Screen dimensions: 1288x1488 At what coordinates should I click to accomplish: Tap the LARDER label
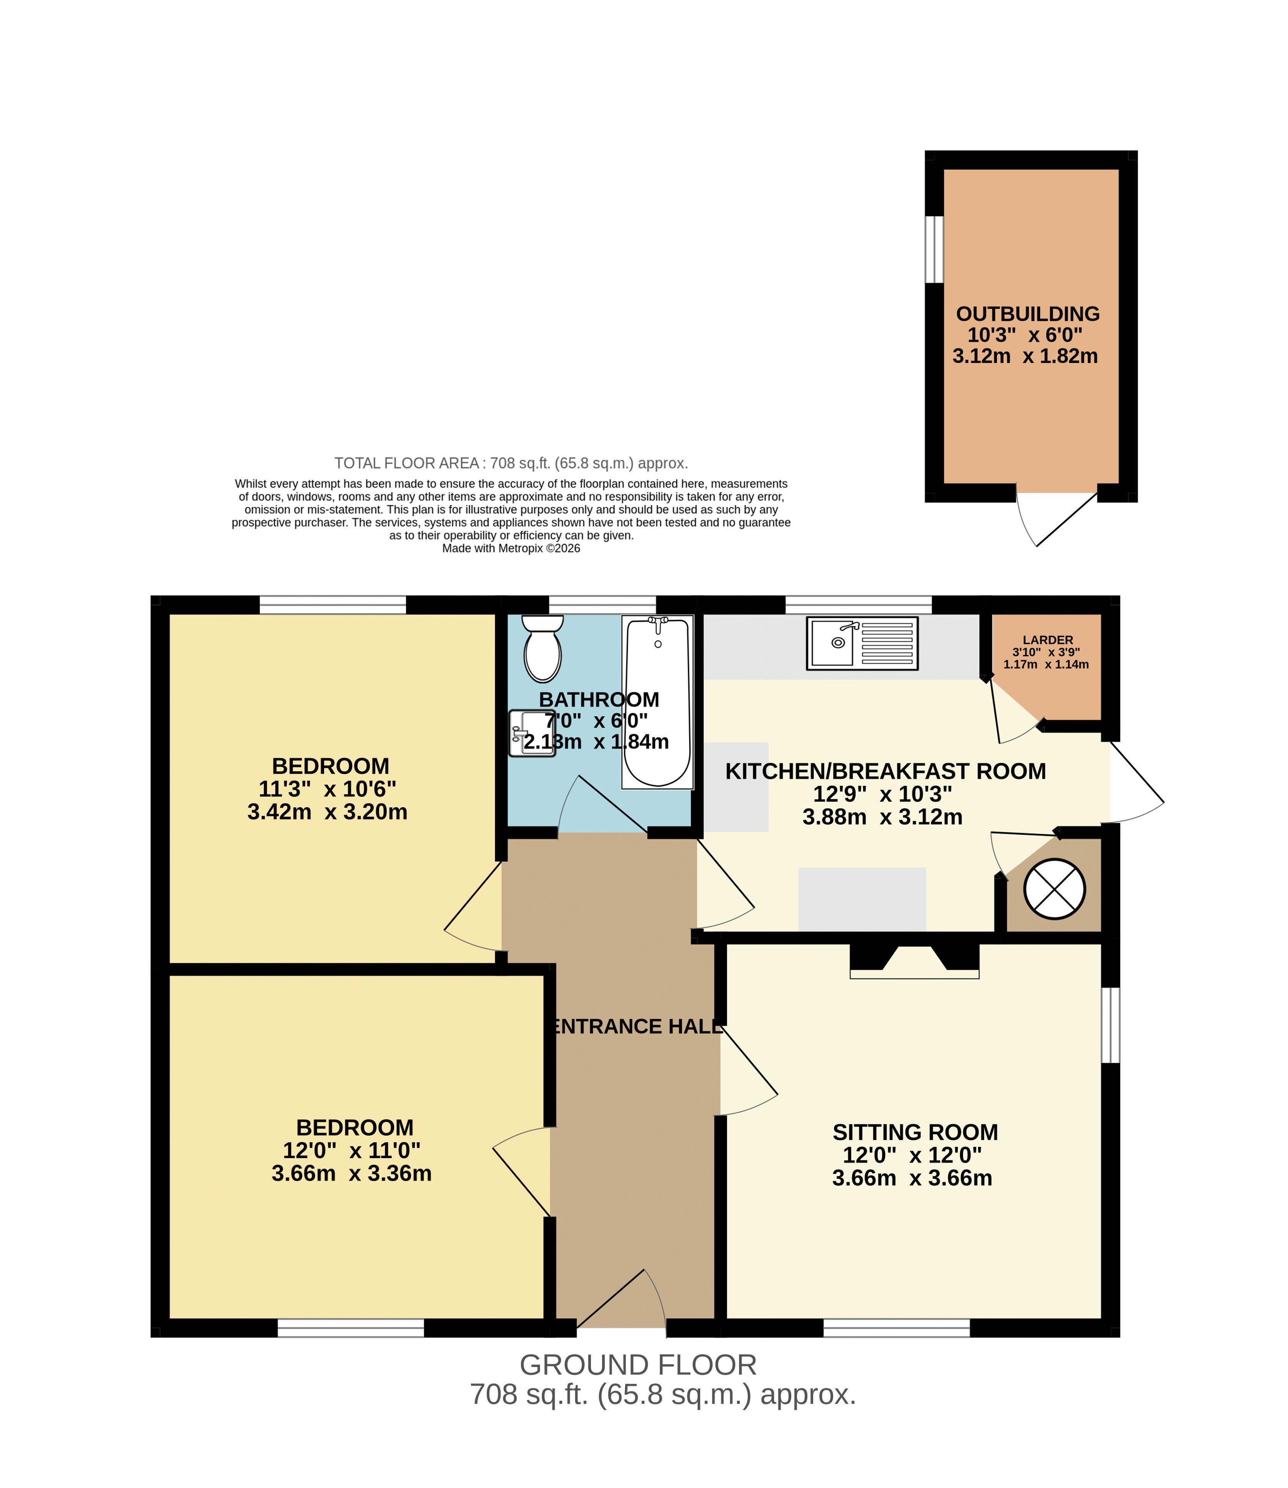point(1048,640)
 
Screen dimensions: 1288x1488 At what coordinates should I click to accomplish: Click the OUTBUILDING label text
point(1028,314)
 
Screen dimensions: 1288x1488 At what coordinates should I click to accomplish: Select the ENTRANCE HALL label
point(636,1027)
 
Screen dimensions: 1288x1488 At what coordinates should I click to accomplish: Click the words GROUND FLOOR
point(638,1365)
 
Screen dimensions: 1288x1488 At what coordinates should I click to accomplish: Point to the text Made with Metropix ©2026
point(511,548)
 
